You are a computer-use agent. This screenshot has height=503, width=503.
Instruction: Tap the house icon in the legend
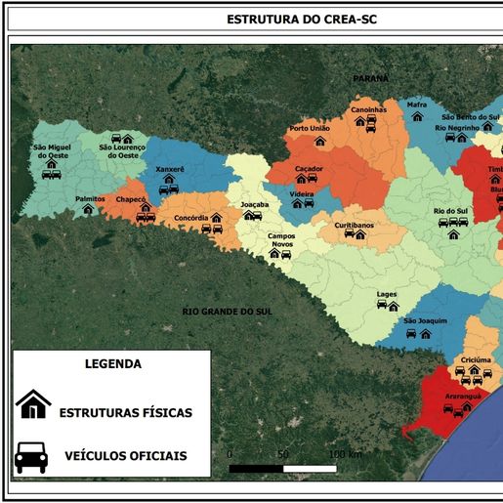[x=32, y=403]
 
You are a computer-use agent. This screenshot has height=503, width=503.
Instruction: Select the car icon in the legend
[x=32, y=455]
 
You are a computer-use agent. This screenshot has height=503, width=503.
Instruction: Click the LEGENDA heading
[x=113, y=363]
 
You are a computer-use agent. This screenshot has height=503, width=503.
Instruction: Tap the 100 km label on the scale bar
[x=346, y=454]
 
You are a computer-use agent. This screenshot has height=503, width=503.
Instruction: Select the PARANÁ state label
[x=370, y=77]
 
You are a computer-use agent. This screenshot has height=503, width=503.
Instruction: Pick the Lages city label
[x=387, y=293]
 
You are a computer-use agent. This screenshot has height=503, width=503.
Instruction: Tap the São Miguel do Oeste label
[x=52, y=151]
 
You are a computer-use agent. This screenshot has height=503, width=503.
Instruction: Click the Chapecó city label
[x=131, y=199]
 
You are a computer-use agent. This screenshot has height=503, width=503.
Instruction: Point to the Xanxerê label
[x=170, y=169]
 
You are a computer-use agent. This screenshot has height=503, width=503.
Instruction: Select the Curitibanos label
[x=354, y=225]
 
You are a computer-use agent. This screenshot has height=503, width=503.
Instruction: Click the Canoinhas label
[x=368, y=109]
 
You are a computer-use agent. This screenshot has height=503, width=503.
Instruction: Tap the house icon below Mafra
[x=417, y=115]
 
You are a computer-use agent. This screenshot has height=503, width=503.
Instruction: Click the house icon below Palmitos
[x=88, y=209]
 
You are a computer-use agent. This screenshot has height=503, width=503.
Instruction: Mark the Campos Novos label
[x=281, y=240]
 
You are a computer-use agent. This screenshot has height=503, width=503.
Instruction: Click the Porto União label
[x=310, y=128]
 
